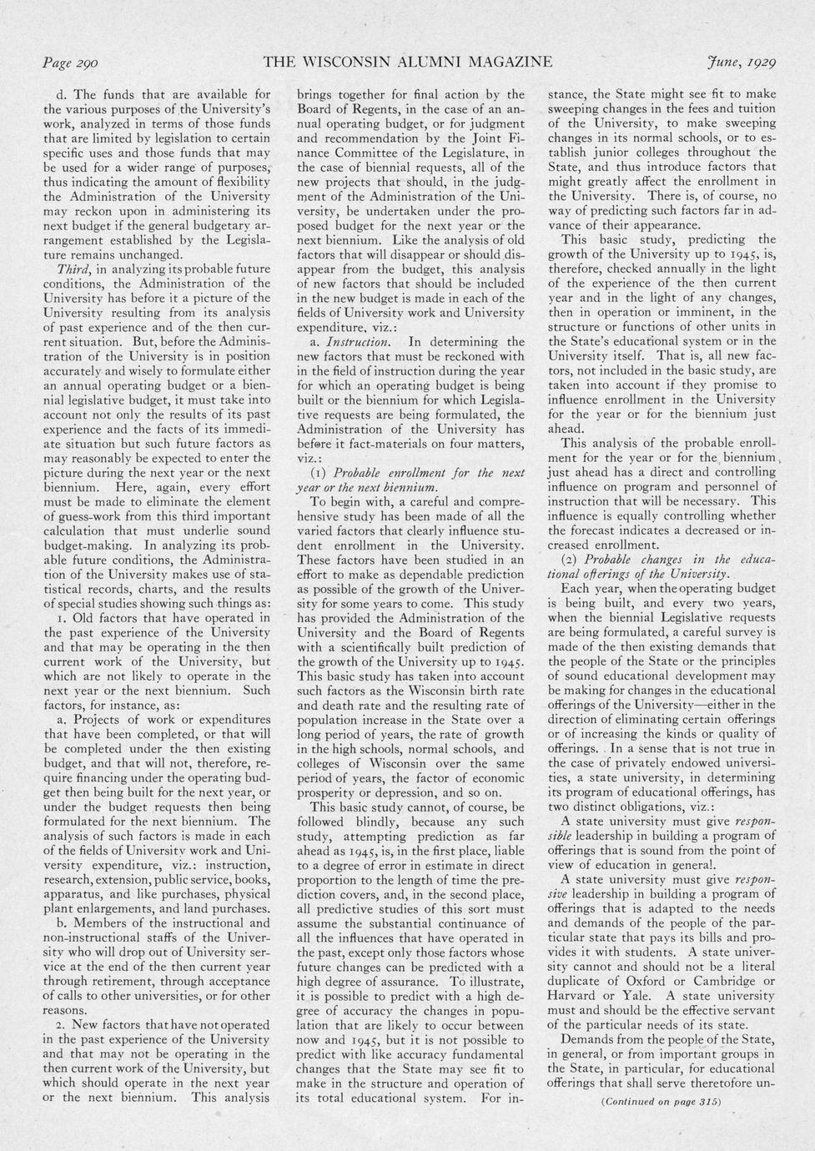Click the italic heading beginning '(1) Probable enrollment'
coord(411,472)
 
